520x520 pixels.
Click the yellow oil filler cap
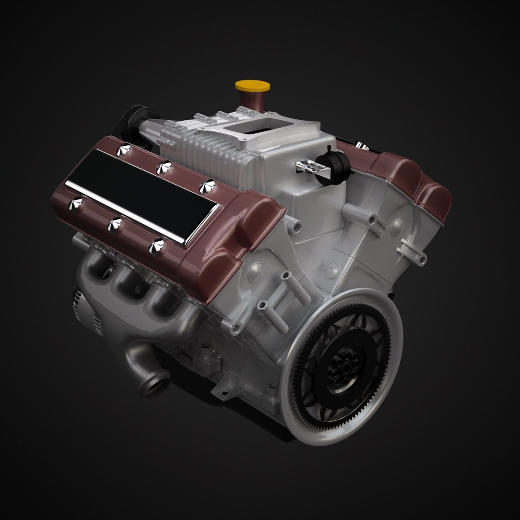pyautogui.click(x=252, y=87)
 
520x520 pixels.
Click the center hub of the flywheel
pyautogui.click(x=343, y=370)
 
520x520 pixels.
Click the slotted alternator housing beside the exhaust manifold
pyautogui.click(x=89, y=313)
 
